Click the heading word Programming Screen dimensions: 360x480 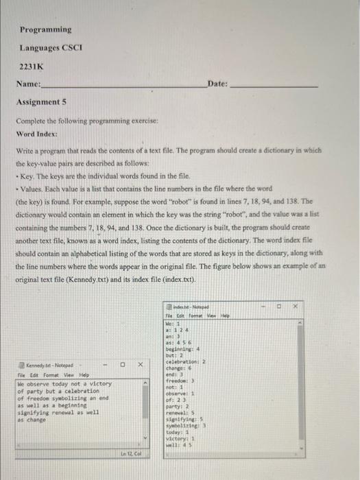45,29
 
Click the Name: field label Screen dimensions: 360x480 28,84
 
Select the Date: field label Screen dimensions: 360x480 217,84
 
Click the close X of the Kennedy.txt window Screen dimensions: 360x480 139,365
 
